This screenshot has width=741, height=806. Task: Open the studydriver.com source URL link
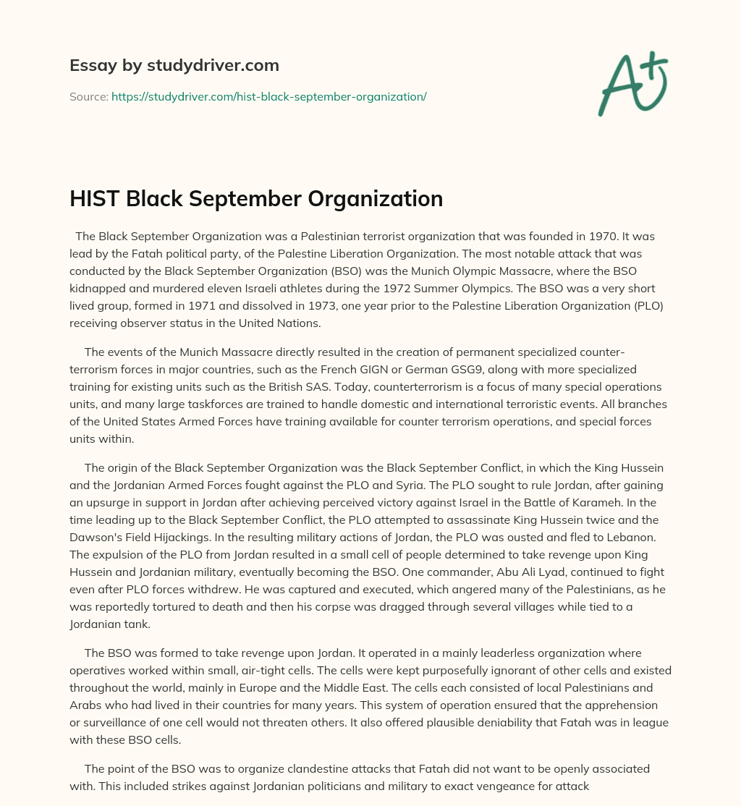pyautogui.click(x=268, y=96)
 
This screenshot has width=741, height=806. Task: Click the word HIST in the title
pyautogui.click(x=95, y=199)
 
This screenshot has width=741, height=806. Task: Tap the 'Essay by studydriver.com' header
pyautogui.click(x=174, y=65)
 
